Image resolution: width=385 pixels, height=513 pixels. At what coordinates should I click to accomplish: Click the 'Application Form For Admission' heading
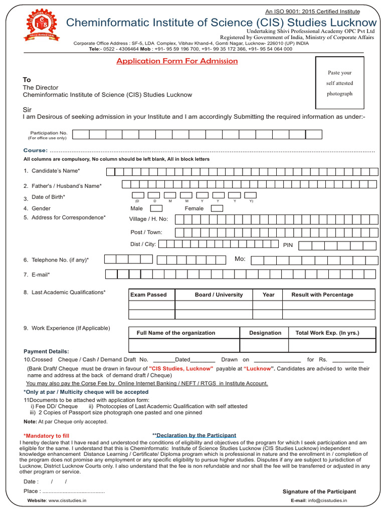point(177,61)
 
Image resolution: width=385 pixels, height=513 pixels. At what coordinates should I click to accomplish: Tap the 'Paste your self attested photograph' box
point(339,83)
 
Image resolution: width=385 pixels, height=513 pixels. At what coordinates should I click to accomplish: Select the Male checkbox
point(156,208)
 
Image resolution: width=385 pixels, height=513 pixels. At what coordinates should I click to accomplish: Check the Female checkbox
point(217,208)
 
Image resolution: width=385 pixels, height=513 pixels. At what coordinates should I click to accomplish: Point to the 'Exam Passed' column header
point(148,295)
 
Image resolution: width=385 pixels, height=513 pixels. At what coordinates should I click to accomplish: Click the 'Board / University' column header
point(219,295)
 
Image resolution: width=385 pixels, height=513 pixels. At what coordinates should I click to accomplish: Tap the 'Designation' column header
point(265,333)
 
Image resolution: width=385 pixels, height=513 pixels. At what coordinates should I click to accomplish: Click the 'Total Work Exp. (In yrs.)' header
point(327,333)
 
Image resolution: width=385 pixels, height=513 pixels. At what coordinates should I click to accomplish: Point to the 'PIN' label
point(288,245)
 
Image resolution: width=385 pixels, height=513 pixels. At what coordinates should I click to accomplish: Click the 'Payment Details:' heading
point(46,351)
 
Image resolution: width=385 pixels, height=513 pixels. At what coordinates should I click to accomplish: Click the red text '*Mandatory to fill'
point(46,436)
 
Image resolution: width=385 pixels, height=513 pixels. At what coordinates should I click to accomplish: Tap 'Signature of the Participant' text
point(319,491)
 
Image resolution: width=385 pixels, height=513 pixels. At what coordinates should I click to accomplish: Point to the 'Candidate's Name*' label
point(56,171)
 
